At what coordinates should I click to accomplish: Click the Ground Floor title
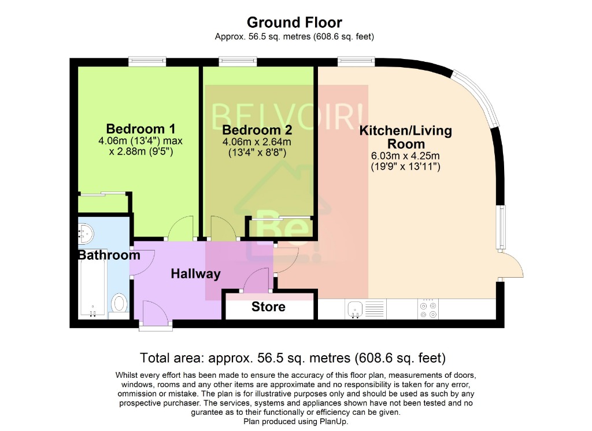[294, 23]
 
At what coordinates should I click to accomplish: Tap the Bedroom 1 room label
[140, 128]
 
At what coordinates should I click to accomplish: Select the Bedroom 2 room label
[257, 130]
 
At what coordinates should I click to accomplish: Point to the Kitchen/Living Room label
[406, 137]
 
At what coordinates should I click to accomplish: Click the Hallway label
[195, 274]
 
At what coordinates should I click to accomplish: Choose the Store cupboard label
[268, 307]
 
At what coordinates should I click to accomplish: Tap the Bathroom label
[109, 255]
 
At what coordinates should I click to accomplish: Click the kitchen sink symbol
[354, 310]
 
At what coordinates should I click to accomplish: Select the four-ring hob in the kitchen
[428, 310]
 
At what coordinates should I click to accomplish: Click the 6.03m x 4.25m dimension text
[405, 156]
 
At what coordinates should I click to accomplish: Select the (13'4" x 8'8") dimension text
[257, 153]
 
